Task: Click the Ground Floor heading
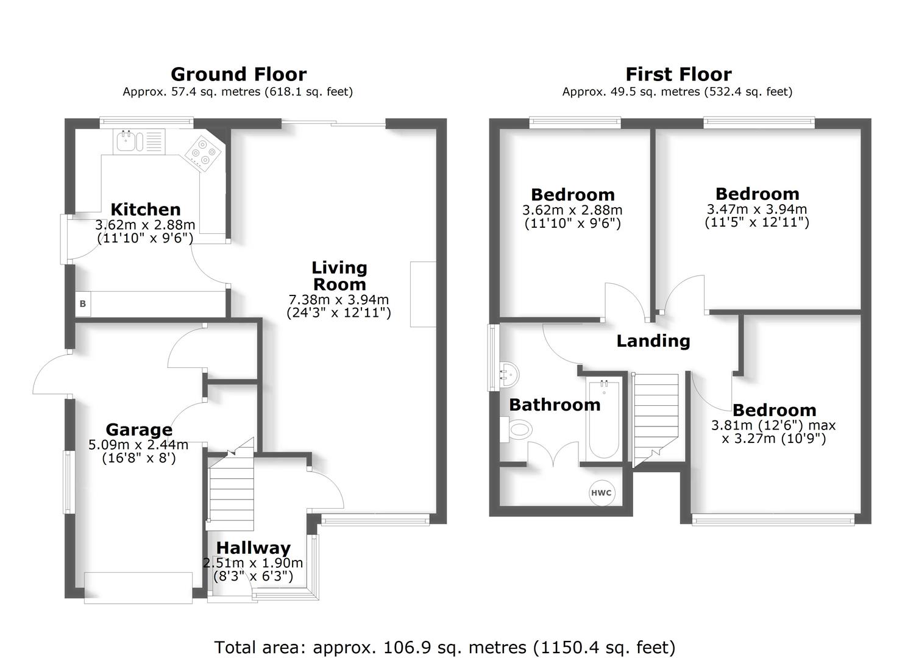[x=238, y=74]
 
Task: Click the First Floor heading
[x=678, y=74]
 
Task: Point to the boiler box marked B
[x=82, y=303]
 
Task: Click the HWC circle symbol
[x=601, y=493]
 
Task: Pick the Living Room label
[x=339, y=276]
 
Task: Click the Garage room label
[x=138, y=430]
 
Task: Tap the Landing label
[x=653, y=341]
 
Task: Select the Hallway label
[x=254, y=548]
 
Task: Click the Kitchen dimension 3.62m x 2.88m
[x=145, y=225]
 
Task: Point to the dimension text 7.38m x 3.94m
[x=339, y=300]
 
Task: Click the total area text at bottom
[x=445, y=646]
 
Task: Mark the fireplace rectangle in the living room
[x=423, y=294]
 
